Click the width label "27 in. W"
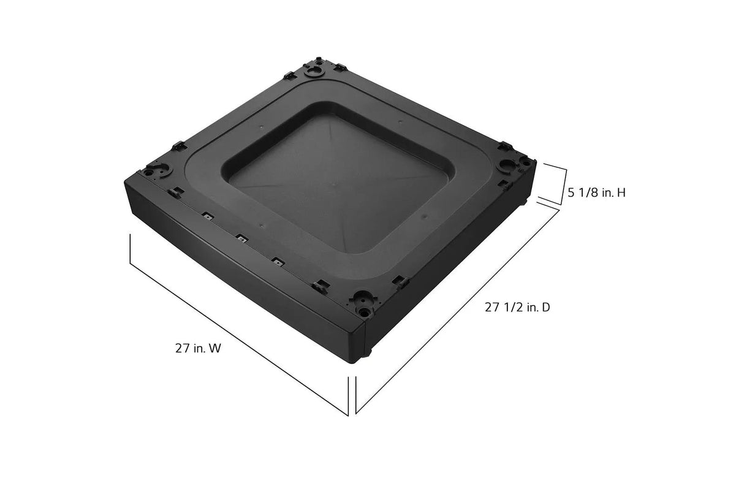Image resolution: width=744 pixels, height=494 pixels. pyautogui.click(x=197, y=349)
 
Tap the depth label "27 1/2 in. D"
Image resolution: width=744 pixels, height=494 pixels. pyautogui.click(x=517, y=308)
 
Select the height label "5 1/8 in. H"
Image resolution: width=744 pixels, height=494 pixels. pyautogui.click(x=596, y=193)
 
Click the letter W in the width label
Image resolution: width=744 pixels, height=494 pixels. pyautogui.click(x=215, y=349)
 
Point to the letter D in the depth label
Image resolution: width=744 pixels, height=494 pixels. pyautogui.click(x=545, y=308)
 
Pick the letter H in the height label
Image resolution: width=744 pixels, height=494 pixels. pyautogui.click(x=621, y=193)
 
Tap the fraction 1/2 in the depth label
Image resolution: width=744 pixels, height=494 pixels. pyautogui.click(x=512, y=308)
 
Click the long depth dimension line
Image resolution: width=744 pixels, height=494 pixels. pyautogui.click(x=457, y=310)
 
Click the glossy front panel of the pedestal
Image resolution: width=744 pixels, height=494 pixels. pyautogui.click(x=245, y=282)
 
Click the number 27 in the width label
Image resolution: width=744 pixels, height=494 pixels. pyautogui.click(x=181, y=349)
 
